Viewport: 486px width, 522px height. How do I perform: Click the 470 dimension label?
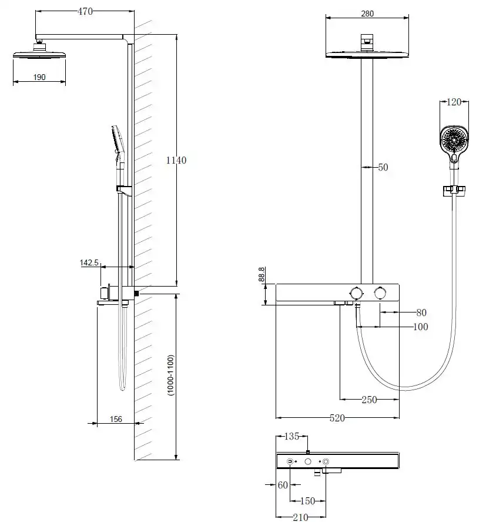(86, 11)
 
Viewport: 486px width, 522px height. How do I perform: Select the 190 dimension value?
(39, 77)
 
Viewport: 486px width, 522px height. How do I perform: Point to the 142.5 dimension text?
(89, 262)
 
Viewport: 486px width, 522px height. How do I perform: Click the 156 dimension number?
(115, 419)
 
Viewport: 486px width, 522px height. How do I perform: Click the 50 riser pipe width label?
(383, 168)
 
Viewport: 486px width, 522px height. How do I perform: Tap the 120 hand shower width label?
(454, 102)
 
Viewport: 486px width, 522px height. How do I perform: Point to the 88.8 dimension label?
(262, 275)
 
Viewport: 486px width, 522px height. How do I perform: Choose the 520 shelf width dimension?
(337, 418)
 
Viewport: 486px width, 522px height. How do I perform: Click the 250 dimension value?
(368, 400)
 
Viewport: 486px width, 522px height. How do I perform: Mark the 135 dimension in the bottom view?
(292, 436)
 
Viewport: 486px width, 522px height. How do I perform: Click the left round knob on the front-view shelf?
(356, 293)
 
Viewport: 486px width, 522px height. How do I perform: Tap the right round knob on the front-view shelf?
(380, 293)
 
